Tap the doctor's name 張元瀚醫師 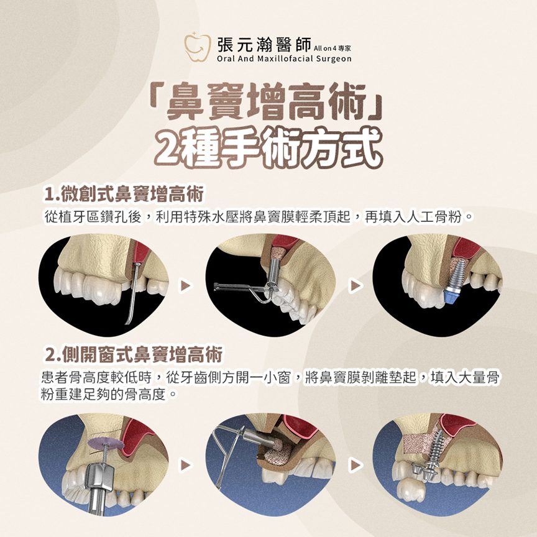(x=264, y=45)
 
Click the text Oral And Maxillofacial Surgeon (x=284, y=59)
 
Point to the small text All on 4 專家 (x=332, y=48)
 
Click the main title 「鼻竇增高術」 (x=267, y=102)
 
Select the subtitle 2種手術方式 (x=268, y=147)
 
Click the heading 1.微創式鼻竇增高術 (x=124, y=194)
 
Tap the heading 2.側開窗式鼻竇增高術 (x=134, y=354)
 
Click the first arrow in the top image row (x=186, y=285)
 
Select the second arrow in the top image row (x=356, y=285)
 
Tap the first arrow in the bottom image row (x=186, y=465)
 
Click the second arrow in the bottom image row (x=356, y=465)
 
